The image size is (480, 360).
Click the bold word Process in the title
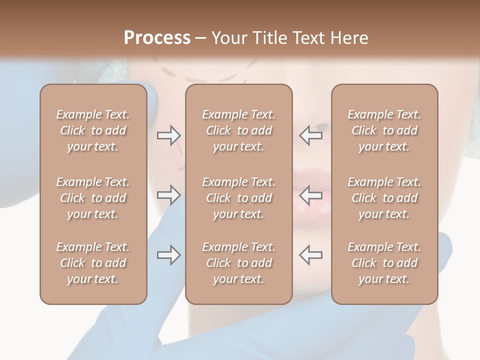[157, 38]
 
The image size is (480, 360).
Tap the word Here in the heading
[348, 38]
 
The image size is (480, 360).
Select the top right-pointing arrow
[168, 135]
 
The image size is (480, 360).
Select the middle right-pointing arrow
[168, 195]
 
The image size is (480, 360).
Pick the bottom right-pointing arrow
[168, 255]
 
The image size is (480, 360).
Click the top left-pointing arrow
[310, 135]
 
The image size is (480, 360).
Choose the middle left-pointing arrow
[310, 195]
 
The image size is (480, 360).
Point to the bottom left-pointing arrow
[310, 255]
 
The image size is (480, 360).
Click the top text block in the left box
[93, 130]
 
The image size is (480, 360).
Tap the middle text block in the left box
[93, 198]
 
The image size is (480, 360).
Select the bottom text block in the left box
[93, 263]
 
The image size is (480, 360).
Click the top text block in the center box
[238, 130]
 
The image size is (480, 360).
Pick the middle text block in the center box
[238, 198]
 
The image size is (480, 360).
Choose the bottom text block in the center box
[238, 263]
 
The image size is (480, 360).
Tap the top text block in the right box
[384, 130]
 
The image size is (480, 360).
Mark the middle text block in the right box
[384, 198]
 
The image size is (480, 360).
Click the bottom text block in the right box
[384, 263]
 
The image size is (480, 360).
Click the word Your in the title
[229, 38]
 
